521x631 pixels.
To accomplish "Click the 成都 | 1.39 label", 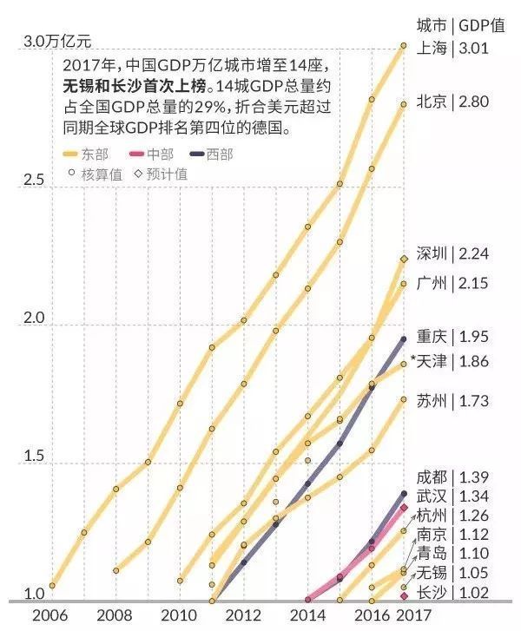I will [x=452, y=477].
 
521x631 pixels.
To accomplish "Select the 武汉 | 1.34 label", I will [x=452, y=496].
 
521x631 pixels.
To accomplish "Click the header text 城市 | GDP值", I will [x=460, y=23].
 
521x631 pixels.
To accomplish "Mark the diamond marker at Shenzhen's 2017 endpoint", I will [x=404, y=259].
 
